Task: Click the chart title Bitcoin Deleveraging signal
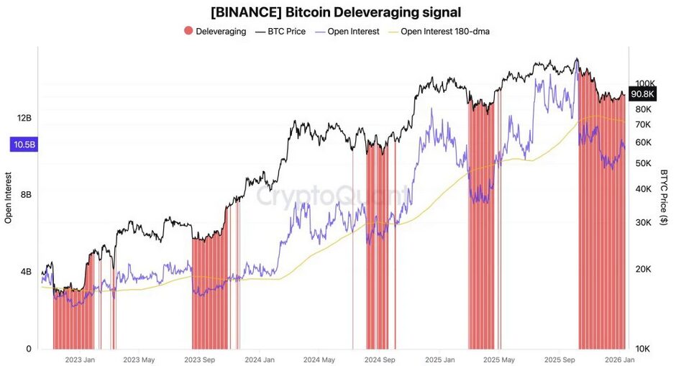(x=336, y=12)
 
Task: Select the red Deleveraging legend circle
(x=188, y=32)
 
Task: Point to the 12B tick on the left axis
(x=24, y=118)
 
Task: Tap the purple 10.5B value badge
(x=23, y=145)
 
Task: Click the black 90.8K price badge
(x=642, y=94)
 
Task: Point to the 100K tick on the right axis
(x=644, y=83)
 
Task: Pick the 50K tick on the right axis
(x=641, y=163)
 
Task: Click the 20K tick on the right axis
(x=641, y=269)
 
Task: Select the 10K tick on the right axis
(x=641, y=349)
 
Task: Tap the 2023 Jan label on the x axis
(x=80, y=359)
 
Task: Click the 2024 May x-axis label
(x=319, y=359)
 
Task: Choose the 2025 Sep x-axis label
(x=559, y=359)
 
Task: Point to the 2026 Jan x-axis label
(x=618, y=359)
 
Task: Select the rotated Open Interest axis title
(x=9, y=198)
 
